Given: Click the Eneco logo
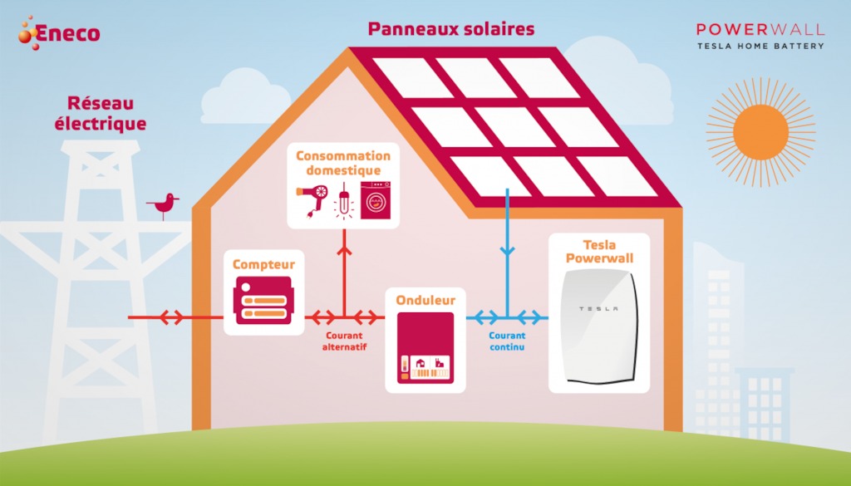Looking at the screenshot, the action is [59, 33].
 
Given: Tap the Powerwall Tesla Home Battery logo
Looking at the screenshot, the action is [760, 36].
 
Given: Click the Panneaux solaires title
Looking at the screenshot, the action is [451, 29].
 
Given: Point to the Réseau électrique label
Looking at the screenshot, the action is [101, 113].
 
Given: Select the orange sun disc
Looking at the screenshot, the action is [760, 132].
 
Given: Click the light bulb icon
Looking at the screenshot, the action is [344, 201].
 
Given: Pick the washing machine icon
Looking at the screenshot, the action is [376, 200].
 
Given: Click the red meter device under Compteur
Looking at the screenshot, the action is [263, 301].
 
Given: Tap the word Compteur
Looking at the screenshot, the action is [263, 264].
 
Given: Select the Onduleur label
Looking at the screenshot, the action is [425, 300].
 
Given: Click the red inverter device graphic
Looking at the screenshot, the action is [425, 348].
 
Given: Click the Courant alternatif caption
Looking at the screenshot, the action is [344, 341].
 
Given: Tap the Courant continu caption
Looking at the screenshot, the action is [507, 341].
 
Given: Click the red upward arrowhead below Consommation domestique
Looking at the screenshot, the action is [344, 250].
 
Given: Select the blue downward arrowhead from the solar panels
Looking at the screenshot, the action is [508, 251].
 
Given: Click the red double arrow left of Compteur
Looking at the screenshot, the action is [171, 317].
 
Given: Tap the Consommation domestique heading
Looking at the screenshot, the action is [343, 163].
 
